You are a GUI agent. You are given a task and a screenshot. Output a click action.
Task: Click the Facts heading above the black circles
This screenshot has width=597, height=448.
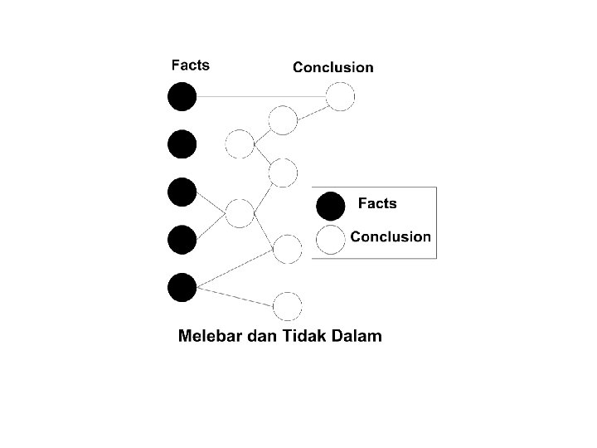tap(190, 64)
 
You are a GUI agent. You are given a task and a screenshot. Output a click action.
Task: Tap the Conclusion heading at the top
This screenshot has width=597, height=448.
tap(332, 67)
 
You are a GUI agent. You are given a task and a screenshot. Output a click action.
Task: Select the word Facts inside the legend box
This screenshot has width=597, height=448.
tap(376, 203)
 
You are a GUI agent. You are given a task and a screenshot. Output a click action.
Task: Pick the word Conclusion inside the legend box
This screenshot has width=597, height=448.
tap(390, 236)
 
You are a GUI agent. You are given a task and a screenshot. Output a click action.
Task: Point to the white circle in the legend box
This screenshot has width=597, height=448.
tap(330, 239)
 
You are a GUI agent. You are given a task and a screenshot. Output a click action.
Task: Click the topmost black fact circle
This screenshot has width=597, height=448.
tap(182, 97)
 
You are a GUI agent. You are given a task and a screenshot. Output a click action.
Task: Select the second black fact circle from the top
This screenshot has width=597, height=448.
tap(182, 144)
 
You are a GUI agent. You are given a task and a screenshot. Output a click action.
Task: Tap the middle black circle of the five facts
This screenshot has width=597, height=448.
tap(182, 192)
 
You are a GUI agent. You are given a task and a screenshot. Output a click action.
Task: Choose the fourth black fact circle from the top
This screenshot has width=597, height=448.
tap(182, 240)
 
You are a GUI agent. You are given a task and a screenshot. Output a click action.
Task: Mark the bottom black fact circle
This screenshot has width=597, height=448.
tap(182, 287)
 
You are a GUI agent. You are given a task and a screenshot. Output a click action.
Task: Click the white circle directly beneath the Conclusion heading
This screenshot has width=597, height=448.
tap(340, 97)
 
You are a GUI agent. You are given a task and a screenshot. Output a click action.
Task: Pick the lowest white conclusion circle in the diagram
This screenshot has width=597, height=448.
tap(287, 306)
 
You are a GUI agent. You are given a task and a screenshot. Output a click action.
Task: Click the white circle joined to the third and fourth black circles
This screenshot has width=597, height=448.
tap(240, 213)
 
